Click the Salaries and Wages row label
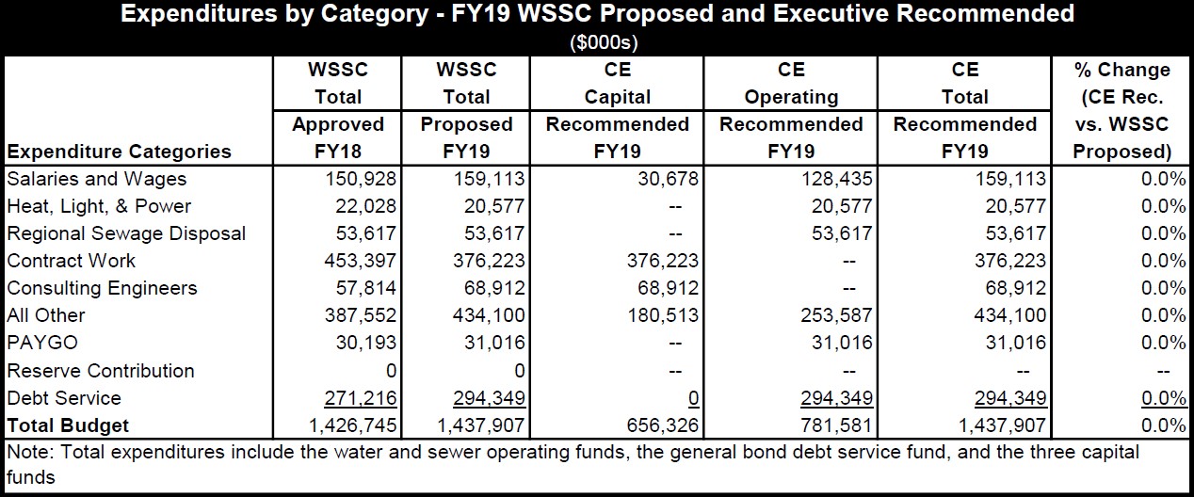(x=97, y=179)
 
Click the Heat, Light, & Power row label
(x=99, y=206)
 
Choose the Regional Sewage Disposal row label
(x=126, y=233)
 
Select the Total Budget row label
(x=68, y=425)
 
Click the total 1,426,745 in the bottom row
(x=353, y=425)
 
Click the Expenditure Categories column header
(x=119, y=152)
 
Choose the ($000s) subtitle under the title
(x=597, y=42)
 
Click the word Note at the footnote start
(x=27, y=453)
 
